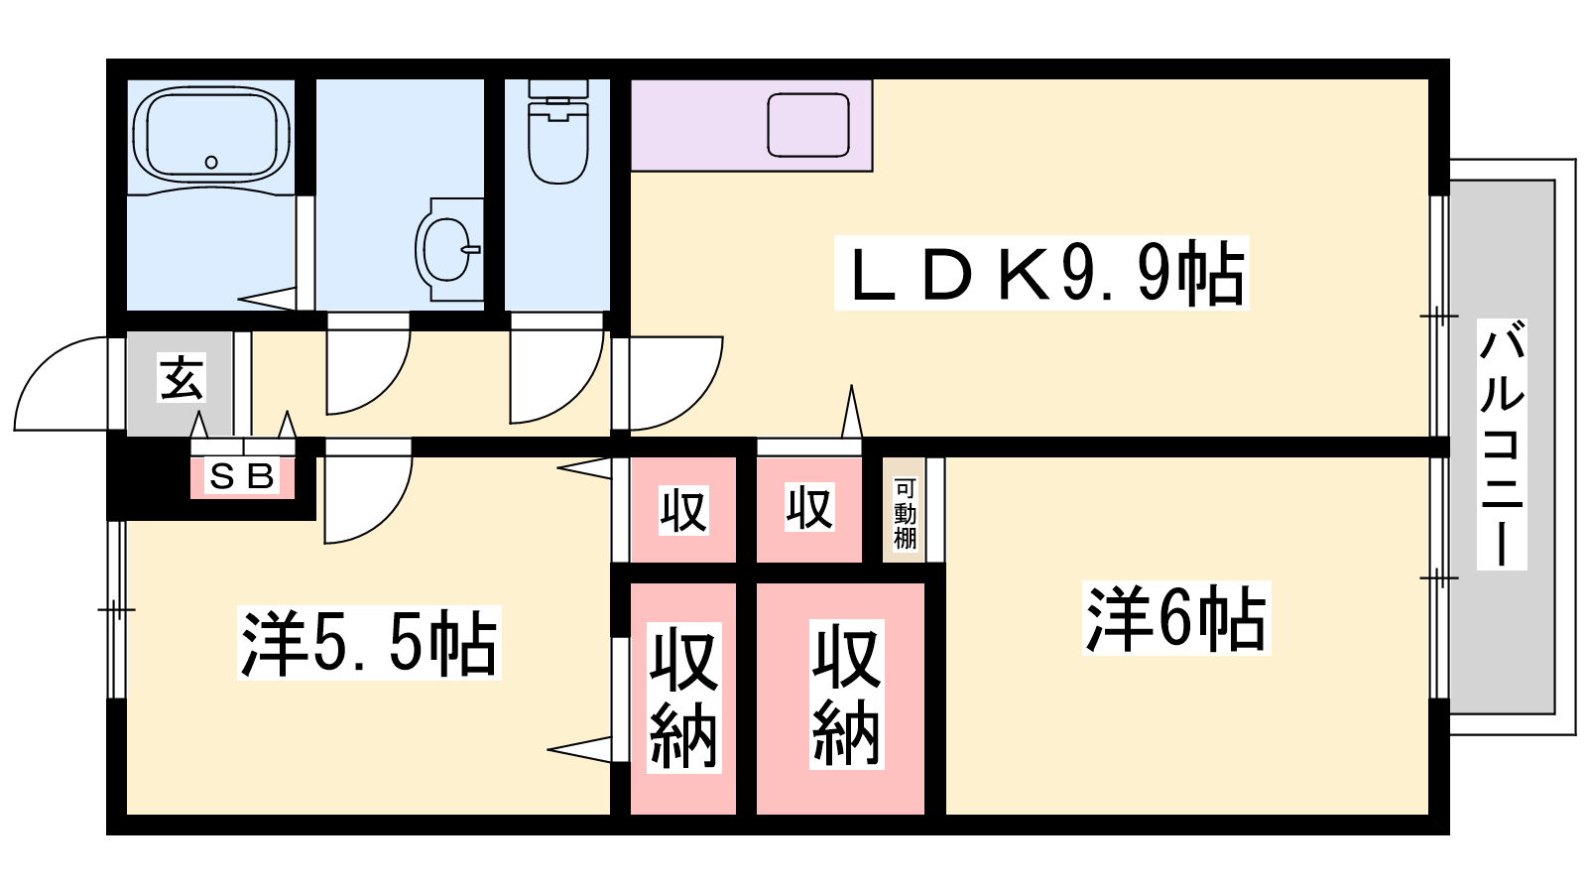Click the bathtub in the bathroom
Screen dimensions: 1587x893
[x=211, y=135]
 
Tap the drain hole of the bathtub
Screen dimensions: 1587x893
[x=211, y=163]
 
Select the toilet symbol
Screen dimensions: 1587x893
[x=558, y=132]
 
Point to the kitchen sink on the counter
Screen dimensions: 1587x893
[x=808, y=125]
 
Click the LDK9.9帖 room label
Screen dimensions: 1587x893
[x=1041, y=273]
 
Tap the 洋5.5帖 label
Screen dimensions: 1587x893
[x=369, y=643]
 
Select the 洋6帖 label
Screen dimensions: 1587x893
[x=1176, y=618]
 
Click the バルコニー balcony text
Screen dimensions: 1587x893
[x=1502, y=445]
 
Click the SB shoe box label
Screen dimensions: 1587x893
[x=242, y=477]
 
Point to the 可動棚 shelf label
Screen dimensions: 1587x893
[x=905, y=514]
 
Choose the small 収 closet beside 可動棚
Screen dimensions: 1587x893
[x=809, y=510]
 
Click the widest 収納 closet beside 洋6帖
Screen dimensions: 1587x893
[x=840, y=699]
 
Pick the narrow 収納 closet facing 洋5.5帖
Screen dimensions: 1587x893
[x=683, y=699]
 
